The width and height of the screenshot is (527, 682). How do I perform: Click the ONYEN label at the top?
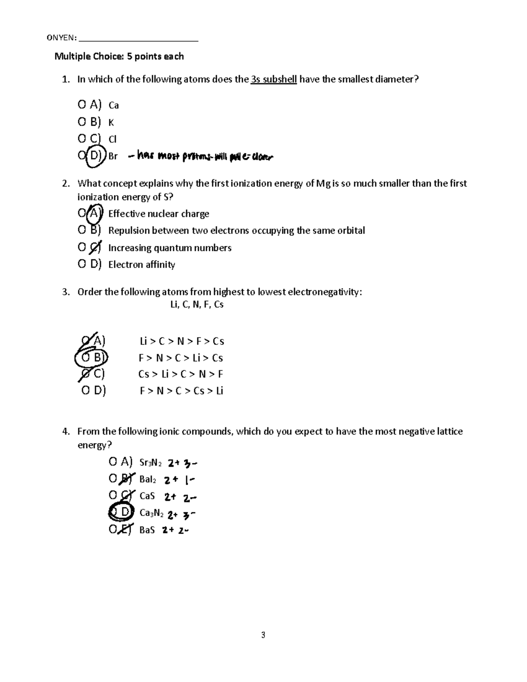pyautogui.click(x=61, y=38)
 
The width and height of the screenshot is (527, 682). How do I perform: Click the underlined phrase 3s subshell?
pyautogui.click(x=274, y=79)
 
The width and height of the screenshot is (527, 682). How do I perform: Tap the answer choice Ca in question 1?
pyautogui.click(x=114, y=105)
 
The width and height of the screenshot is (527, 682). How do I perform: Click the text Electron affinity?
pyautogui.click(x=141, y=265)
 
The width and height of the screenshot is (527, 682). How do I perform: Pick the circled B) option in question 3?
pyautogui.click(x=92, y=358)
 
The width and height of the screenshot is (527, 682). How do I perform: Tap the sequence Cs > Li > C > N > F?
pyautogui.click(x=180, y=375)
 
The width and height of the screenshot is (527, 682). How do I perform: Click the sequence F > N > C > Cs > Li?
pyautogui.click(x=181, y=391)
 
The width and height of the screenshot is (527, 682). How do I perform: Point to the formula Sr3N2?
pyautogui.click(x=150, y=463)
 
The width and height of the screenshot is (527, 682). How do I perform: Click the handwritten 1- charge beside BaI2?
pyautogui.click(x=190, y=480)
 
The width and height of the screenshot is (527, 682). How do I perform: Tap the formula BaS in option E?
pyautogui.click(x=147, y=530)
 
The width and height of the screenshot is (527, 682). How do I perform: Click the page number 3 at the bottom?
pyautogui.click(x=263, y=635)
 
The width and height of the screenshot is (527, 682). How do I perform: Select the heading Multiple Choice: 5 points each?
pyautogui.click(x=119, y=57)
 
